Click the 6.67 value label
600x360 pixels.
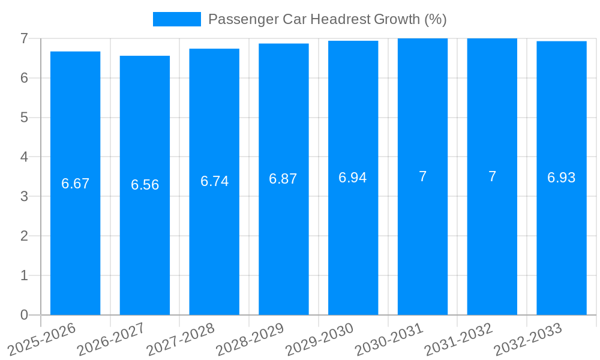[x=75, y=184]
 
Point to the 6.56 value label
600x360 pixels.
[x=145, y=185]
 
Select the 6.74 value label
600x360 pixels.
[x=214, y=181]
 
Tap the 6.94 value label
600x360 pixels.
[x=353, y=178]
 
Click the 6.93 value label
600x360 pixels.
[x=561, y=178]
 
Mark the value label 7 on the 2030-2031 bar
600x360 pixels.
[x=422, y=176]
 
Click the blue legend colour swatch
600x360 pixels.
[x=176, y=19]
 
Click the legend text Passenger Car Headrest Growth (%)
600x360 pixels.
[x=327, y=19]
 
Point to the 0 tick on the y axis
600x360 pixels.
[x=24, y=315]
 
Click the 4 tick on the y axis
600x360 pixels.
[x=24, y=157]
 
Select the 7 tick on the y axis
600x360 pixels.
[x=24, y=38]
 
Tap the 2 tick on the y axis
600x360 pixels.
[x=24, y=236]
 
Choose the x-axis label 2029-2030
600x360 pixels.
[x=320, y=340]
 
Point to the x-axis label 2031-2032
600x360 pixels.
[x=459, y=340]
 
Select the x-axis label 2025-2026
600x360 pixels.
[x=42, y=340]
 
